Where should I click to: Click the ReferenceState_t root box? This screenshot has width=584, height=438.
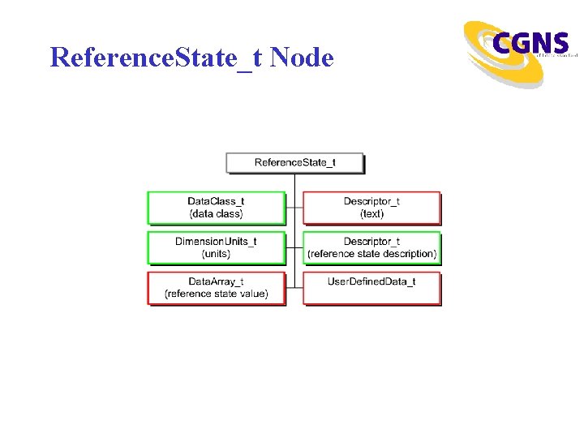click(x=294, y=162)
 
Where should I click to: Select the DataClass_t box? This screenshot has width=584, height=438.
click(x=216, y=208)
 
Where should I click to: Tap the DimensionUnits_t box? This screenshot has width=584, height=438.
click(x=216, y=247)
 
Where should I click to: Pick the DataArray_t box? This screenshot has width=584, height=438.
click(x=216, y=288)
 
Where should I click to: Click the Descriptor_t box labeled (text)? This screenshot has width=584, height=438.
click(x=371, y=208)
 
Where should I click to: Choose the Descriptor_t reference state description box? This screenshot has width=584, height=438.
click(x=371, y=247)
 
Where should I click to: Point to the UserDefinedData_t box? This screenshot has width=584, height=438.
click(x=371, y=288)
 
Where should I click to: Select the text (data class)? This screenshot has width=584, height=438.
click(x=216, y=214)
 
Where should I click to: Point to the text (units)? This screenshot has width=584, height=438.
click(x=216, y=254)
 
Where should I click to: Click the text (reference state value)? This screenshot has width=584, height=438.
click(x=216, y=294)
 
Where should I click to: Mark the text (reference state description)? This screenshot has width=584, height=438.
click(x=371, y=254)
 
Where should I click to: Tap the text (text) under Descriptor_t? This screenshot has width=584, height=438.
click(x=371, y=214)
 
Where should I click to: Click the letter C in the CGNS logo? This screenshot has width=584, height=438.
click(x=502, y=43)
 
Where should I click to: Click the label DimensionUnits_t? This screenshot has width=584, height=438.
click(x=216, y=242)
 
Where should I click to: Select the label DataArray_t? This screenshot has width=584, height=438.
click(x=216, y=281)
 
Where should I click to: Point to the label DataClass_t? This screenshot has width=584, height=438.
click(x=216, y=201)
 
